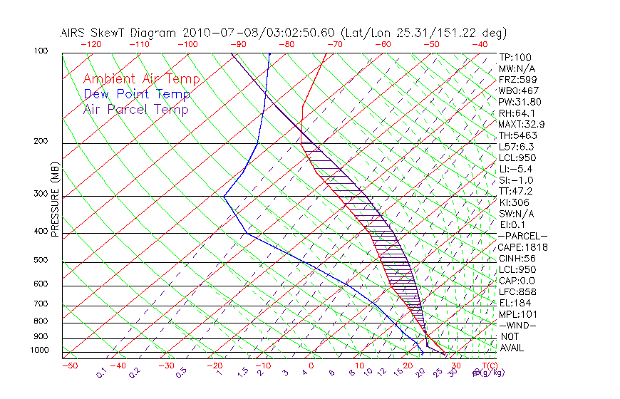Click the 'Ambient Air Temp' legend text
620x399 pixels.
pos(141,79)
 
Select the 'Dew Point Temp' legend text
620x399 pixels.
pos(137,94)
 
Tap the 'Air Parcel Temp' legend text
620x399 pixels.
pos(135,109)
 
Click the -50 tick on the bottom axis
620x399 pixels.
pos(70,366)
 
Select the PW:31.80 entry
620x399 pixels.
pos(520,102)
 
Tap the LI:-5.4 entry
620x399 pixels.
pos(517,169)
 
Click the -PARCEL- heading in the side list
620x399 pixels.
pos(522,236)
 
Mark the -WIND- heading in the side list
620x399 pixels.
pos(519,325)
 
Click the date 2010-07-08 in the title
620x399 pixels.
pos(215,33)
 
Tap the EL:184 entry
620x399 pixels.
pos(515,303)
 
